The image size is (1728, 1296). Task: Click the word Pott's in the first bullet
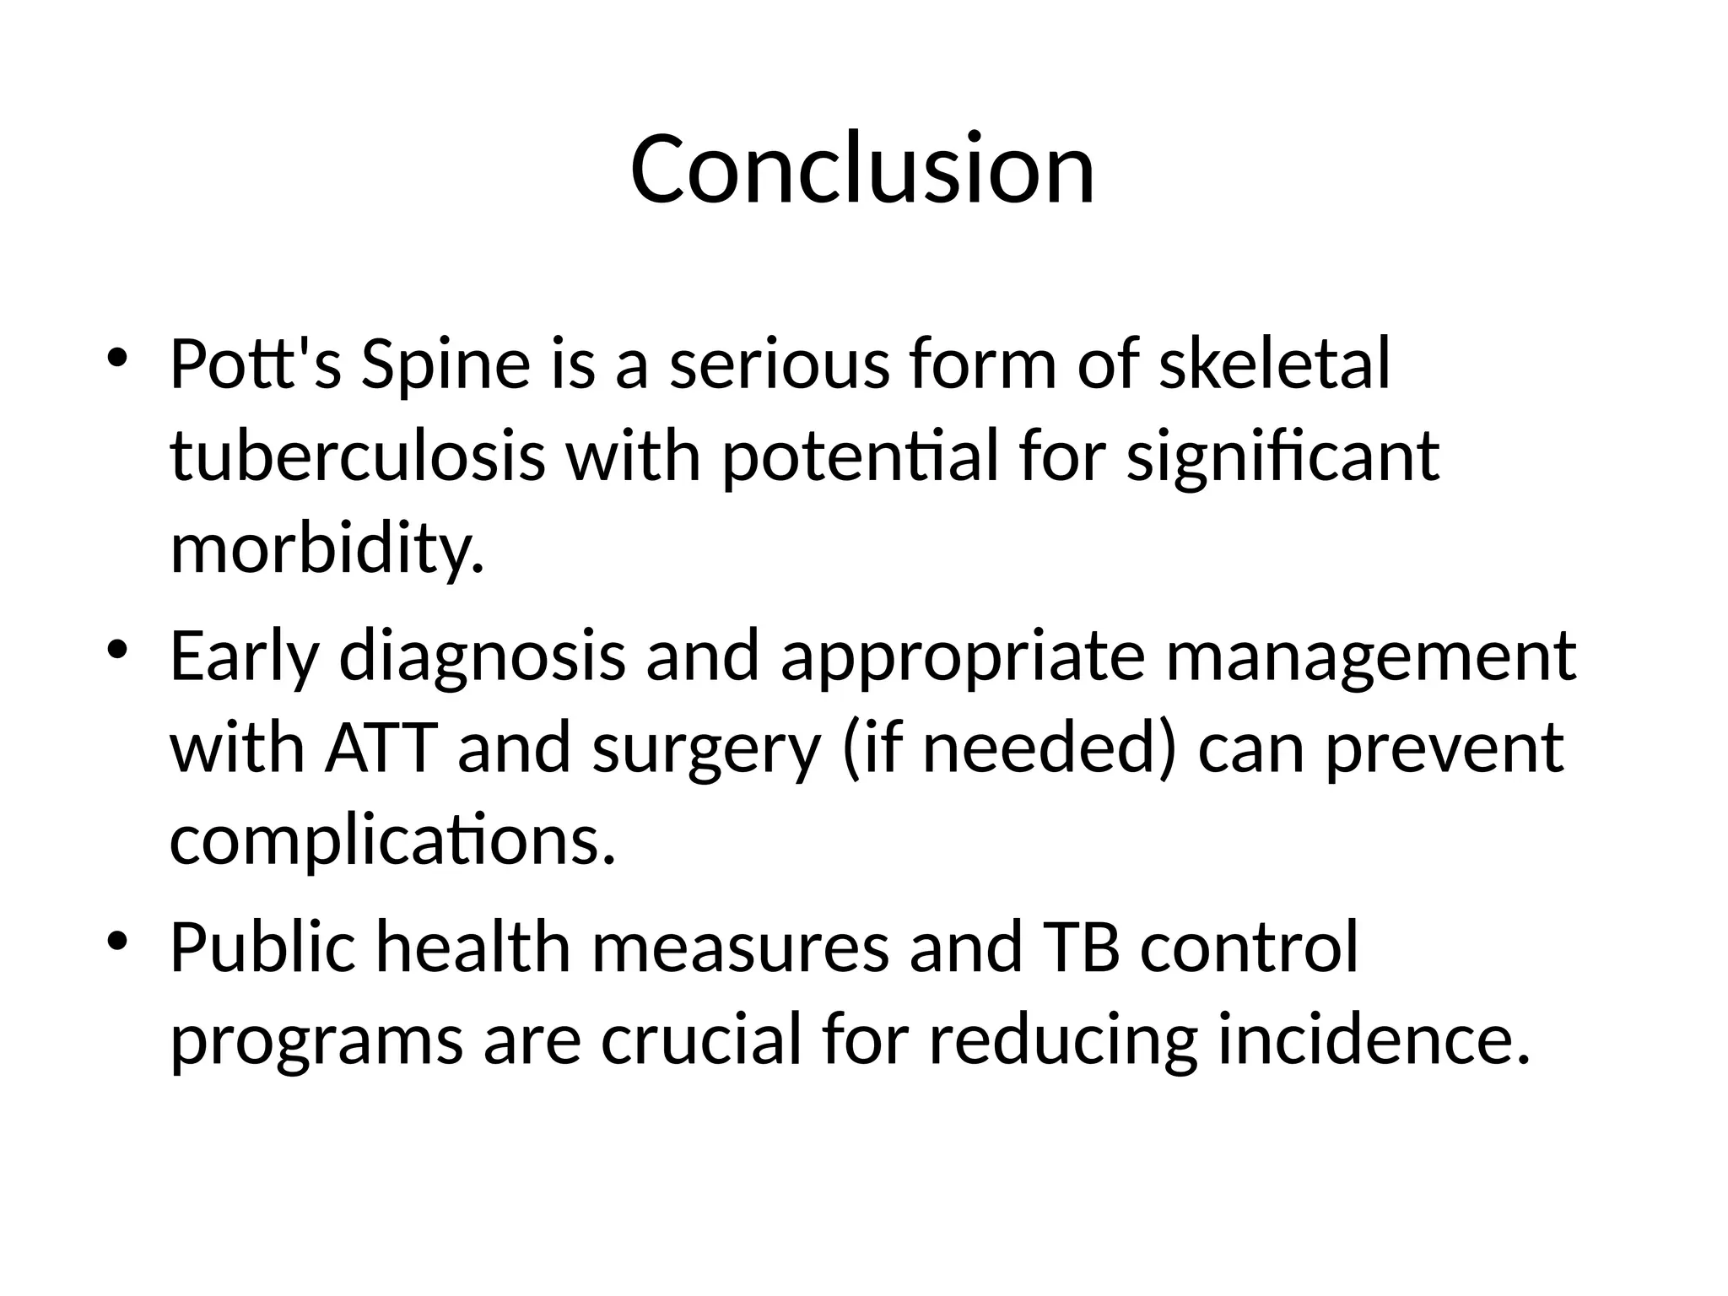pyautogui.click(x=255, y=364)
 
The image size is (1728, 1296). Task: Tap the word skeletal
pyautogui.click(x=1274, y=364)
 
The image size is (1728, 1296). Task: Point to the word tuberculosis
pyautogui.click(x=357, y=456)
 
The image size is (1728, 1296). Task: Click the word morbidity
pyautogui.click(x=327, y=549)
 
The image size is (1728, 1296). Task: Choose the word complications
pyautogui.click(x=392, y=842)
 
